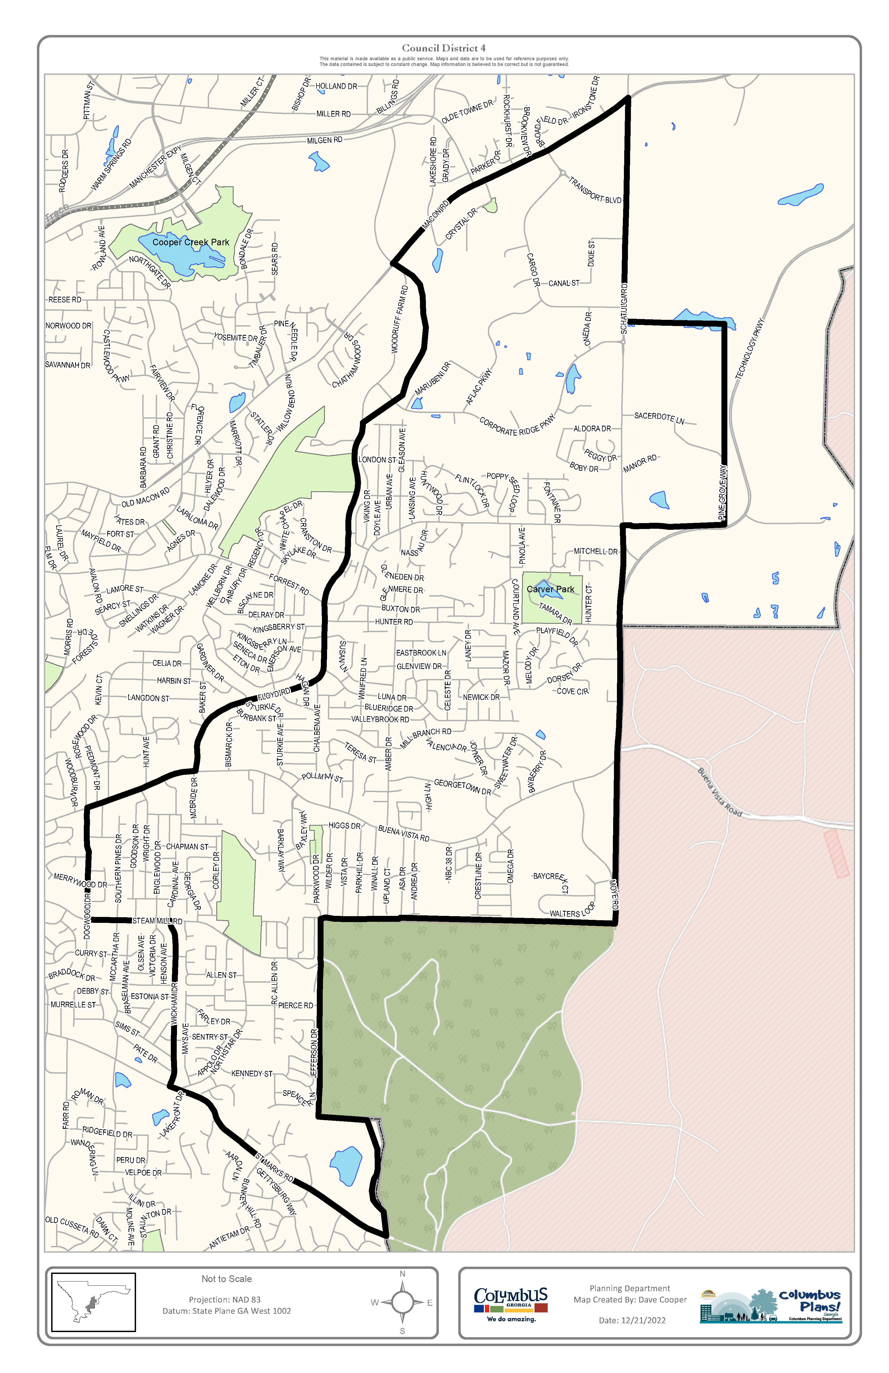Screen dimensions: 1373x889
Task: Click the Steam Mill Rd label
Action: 157,921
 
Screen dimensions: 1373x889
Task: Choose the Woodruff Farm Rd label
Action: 399,319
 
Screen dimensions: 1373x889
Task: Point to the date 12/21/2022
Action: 632,1320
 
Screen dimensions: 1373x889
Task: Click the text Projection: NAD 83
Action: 225,1299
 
